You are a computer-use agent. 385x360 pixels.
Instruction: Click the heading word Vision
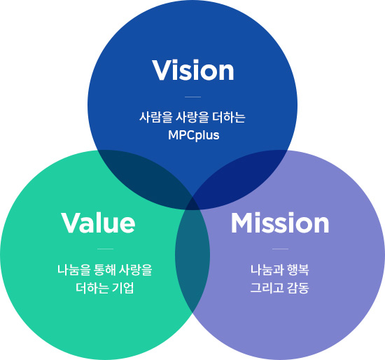point(193,70)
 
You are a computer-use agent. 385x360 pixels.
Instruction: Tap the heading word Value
point(98,223)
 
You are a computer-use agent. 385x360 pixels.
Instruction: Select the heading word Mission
point(280,223)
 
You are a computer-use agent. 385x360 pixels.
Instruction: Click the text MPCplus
point(193,135)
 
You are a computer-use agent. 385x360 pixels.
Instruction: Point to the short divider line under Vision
point(192,97)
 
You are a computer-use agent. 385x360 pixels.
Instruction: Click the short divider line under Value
point(105,249)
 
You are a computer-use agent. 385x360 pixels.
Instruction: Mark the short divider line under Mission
point(280,249)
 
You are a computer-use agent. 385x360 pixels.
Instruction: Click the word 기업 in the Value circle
point(122,288)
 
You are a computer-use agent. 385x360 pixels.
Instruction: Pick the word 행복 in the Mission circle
point(297,270)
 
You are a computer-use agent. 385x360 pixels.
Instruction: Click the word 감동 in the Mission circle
point(297,288)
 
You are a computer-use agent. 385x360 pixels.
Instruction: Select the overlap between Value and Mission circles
point(192,256)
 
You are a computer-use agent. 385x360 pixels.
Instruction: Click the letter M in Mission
point(242,223)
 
